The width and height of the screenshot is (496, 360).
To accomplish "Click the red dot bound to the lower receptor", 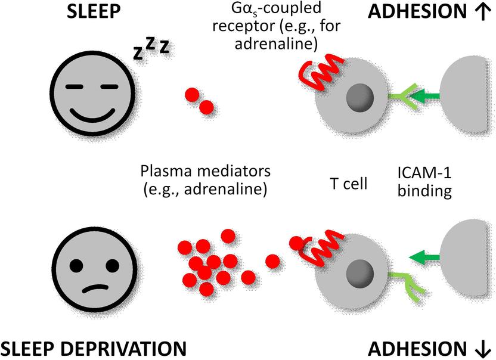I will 296,243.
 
